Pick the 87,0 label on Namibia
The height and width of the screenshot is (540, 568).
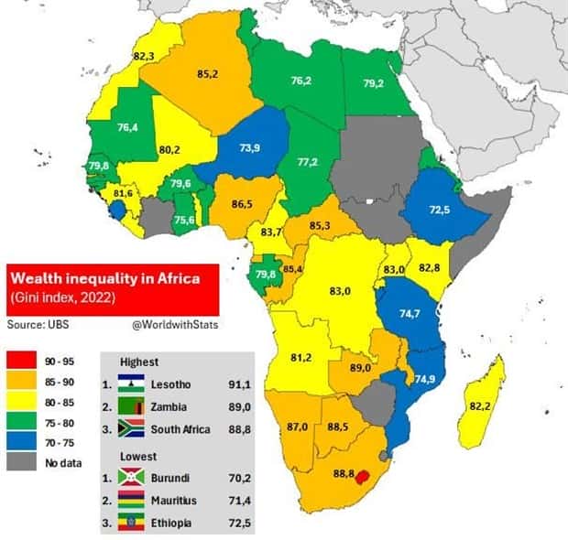(298, 427)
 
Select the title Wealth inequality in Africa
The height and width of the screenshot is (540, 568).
(101, 275)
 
